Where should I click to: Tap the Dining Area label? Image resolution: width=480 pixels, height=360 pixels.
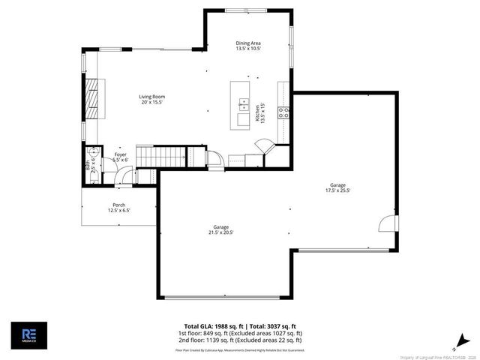[247, 46]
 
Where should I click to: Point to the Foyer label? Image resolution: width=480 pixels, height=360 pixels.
[120, 157]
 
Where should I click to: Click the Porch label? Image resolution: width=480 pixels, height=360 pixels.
[118, 208]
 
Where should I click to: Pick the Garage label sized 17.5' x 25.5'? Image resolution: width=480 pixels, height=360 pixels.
[338, 187]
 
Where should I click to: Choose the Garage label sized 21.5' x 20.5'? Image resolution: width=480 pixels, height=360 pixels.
[221, 229]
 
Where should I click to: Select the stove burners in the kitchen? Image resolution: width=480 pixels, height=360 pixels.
[284, 112]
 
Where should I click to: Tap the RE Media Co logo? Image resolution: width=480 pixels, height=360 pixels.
[29, 335]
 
